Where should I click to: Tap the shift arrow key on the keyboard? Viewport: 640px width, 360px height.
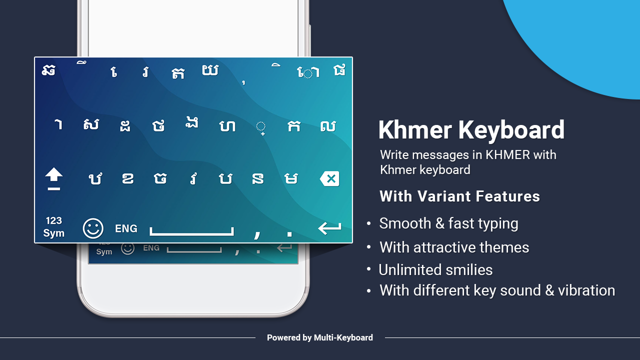(x=54, y=178)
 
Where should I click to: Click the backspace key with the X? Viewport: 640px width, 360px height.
(x=329, y=178)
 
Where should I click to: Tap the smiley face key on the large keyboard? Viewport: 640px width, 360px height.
(x=93, y=228)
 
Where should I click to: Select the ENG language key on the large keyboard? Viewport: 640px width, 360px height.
(x=126, y=228)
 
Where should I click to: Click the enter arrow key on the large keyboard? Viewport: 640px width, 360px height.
(x=329, y=228)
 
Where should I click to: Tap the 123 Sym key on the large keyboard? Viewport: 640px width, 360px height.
(x=54, y=227)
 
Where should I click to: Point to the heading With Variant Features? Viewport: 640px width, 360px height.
(x=459, y=196)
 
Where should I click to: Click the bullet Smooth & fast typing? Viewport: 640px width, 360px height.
(x=448, y=223)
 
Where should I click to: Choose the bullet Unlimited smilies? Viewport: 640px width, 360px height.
(x=435, y=270)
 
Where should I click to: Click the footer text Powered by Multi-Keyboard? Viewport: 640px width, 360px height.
(x=320, y=338)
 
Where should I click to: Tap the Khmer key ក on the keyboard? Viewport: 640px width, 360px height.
(x=294, y=126)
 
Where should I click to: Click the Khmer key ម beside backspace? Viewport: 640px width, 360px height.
(x=290, y=178)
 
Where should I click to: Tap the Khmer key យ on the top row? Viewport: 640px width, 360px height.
(x=210, y=71)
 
